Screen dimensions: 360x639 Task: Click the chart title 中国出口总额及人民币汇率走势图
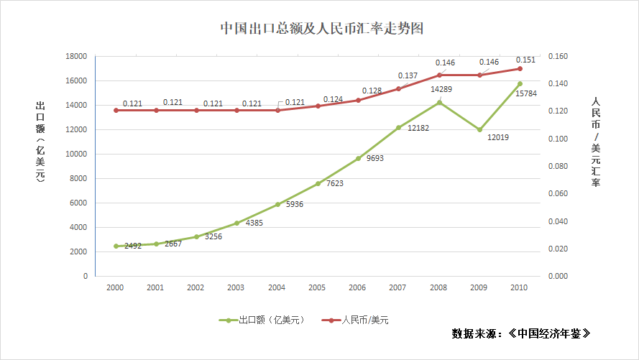(x=321, y=28)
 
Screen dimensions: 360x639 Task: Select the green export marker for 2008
(x=439, y=102)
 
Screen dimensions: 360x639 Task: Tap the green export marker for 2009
(x=479, y=129)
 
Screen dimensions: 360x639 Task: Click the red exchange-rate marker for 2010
(x=520, y=68)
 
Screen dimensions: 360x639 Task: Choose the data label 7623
(x=336, y=183)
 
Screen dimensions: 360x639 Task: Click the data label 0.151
(x=525, y=60)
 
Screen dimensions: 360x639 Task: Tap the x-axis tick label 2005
(x=317, y=287)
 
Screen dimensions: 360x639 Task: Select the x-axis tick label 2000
(x=115, y=287)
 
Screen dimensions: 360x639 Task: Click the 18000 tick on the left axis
(x=76, y=56)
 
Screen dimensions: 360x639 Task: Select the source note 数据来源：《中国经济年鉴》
(x=522, y=334)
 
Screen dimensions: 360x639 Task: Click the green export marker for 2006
(x=358, y=158)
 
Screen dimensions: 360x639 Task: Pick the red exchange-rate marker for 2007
(x=398, y=88)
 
